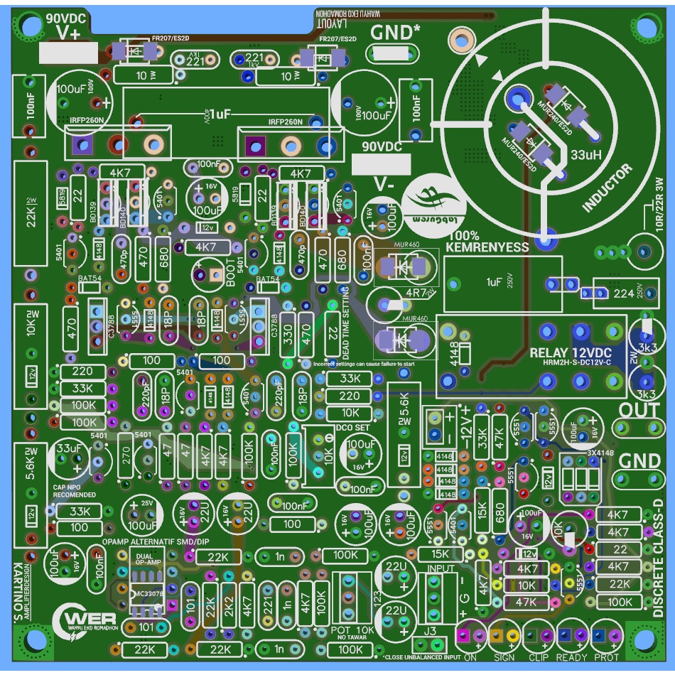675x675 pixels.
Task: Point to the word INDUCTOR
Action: pyautogui.click(x=607, y=188)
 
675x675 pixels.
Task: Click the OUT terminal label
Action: pyautogui.click(x=639, y=410)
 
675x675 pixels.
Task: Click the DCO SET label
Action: pyautogui.click(x=352, y=428)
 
